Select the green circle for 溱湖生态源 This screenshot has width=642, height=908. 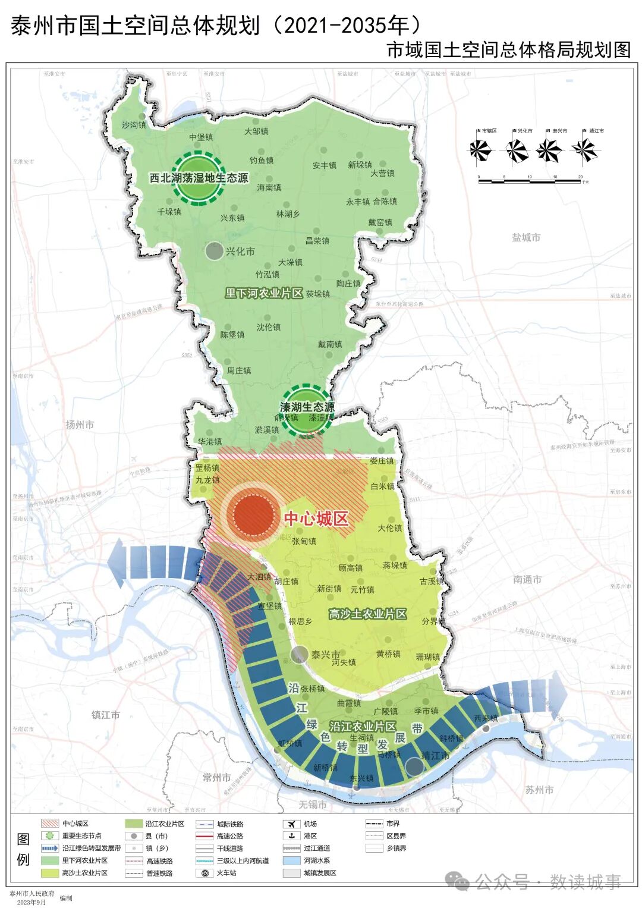point(307,409)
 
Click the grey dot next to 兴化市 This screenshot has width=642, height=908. point(214,251)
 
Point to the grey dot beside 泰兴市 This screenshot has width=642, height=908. point(300,655)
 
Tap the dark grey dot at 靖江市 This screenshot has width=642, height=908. point(414,766)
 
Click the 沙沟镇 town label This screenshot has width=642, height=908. point(134,125)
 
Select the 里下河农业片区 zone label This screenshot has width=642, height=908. point(264,293)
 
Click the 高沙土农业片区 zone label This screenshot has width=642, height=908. point(367,614)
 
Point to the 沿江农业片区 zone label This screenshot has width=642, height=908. point(363,726)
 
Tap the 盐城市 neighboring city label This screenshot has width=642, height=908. point(526,237)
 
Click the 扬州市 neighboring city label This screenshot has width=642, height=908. point(80,425)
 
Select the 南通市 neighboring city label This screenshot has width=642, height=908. point(527,579)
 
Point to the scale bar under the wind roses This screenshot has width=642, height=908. point(530,180)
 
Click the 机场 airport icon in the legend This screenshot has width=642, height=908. point(292,824)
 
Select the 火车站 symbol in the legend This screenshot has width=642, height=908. point(204,873)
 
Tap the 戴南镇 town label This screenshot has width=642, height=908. point(330,344)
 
